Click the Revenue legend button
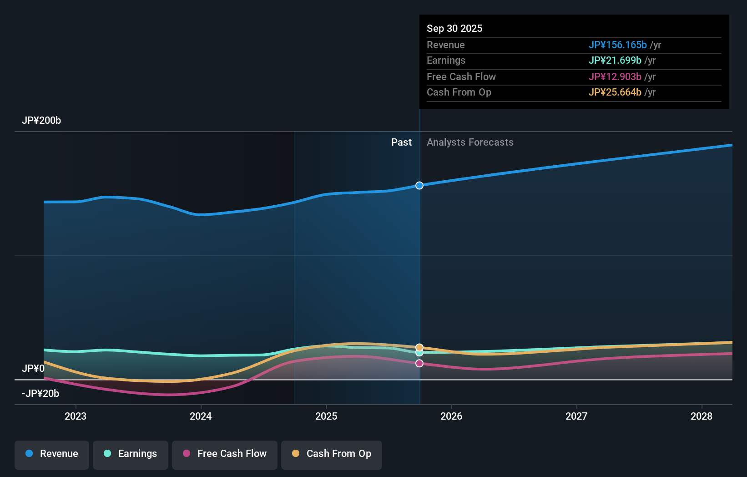tap(52, 454)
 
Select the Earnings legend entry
tap(131, 454)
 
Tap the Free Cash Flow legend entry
tap(225, 454)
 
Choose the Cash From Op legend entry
tap(332, 454)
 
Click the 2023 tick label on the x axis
tap(76, 416)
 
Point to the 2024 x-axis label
tap(201, 416)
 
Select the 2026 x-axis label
tap(451, 416)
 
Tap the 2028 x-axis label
tap(702, 416)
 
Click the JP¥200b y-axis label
tap(41, 121)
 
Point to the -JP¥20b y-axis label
tap(40, 394)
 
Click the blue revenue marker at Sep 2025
tap(419, 185)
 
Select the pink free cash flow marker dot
tap(419, 363)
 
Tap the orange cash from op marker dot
tap(419, 347)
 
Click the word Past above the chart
tap(401, 142)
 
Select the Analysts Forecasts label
tap(470, 142)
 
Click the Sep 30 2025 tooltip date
tap(454, 29)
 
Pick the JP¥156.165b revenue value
tap(617, 45)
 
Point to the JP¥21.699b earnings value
tap(615, 61)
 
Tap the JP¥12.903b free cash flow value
tap(615, 77)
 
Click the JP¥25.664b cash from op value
tap(615, 92)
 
